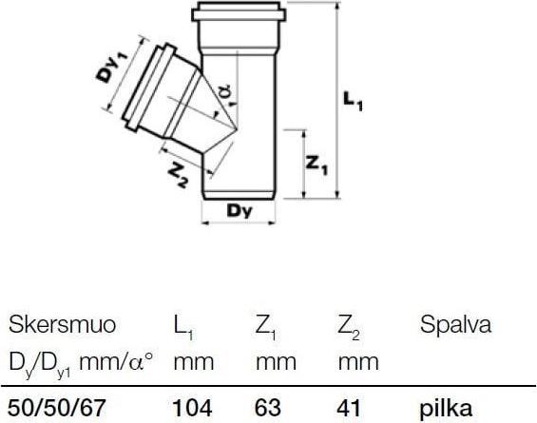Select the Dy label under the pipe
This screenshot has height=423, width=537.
[x=240, y=213]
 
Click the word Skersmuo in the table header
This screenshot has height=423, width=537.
[x=62, y=326]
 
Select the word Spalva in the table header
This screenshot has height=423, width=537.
[x=455, y=326]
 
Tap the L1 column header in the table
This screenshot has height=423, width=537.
[x=183, y=327]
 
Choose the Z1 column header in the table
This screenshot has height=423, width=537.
[x=267, y=327]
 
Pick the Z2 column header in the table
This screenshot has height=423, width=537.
[x=349, y=327]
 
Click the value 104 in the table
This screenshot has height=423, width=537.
[x=193, y=408]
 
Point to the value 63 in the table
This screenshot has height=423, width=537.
[x=269, y=408]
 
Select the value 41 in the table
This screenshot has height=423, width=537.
[x=350, y=408]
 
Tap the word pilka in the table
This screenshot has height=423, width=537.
[x=446, y=408]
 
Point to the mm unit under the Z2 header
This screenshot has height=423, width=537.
[x=357, y=362]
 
